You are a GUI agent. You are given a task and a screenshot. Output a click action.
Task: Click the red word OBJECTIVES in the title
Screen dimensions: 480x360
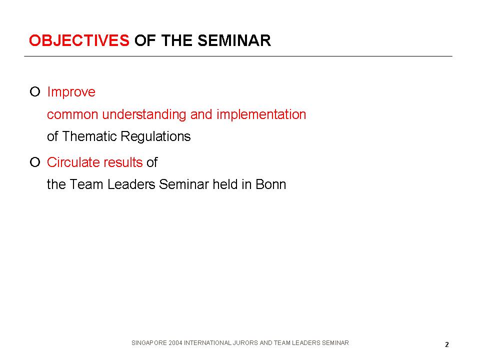point(79,40)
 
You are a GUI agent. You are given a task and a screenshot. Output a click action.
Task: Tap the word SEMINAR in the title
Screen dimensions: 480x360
point(234,40)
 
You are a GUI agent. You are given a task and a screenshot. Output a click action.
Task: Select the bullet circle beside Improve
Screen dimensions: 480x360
point(35,91)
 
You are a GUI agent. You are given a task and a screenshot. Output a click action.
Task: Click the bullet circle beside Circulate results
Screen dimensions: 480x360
point(35,162)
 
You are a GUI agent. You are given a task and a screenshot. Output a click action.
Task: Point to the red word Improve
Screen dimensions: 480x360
point(71,92)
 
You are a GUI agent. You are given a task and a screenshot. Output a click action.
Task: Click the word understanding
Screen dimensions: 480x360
point(144,114)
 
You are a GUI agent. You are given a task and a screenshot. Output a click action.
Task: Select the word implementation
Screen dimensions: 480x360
point(261,114)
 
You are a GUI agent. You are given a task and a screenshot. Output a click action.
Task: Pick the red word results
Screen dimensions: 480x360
point(123,162)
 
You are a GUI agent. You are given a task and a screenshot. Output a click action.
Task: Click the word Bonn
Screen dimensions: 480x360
point(270,184)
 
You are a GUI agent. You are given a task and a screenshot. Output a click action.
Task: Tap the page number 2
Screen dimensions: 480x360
point(447,344)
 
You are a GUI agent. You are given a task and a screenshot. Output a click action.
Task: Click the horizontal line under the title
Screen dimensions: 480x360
point(238,56)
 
